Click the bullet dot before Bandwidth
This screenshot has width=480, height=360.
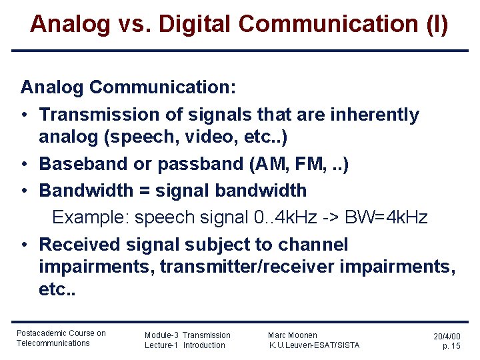pyautogui.click(x=24, y=191)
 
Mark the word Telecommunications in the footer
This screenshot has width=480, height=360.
pyautogui.click(x=53, y=343)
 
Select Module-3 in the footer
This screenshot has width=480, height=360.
pyautogui.click(x=161, y=335)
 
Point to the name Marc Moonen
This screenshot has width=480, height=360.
pyautogui.click(x=293, y=335)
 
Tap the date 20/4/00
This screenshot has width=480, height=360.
pyautogui.click(x=447, y=337)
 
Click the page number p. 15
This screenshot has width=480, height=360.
pyautogui.click(x=451, y=346)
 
